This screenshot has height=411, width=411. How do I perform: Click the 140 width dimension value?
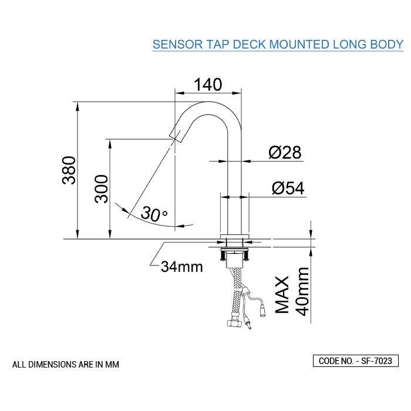(208, 85)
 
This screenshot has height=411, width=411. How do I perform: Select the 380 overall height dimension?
(69, 170)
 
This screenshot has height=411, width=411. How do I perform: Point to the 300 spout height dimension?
(102, 188)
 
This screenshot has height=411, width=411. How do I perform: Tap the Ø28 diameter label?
(285, 153)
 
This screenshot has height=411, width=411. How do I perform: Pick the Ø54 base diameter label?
(288, 188)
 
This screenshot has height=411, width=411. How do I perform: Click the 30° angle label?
(154, 215)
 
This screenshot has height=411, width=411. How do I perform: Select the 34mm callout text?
(182, 267)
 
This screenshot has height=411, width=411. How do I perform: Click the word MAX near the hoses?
(283, 294)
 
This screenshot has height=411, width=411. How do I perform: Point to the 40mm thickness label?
(303, 291)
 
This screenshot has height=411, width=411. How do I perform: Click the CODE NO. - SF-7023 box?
(356, 361)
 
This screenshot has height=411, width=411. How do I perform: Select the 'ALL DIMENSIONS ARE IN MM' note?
(66, 365)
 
